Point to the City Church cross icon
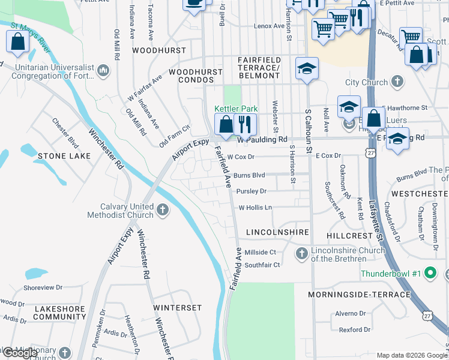click(397, 82)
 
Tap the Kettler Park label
click(236, 109)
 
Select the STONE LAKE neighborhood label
click(64, 156)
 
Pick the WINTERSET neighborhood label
click(178, 308)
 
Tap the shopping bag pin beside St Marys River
click(17, 41)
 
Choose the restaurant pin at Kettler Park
click(244, 124)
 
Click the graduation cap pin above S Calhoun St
click(306, 68)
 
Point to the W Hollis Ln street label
click(255, 208)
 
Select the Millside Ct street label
click(260, 253)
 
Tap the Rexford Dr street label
click(354, 329)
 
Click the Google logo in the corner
click(20, 353)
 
